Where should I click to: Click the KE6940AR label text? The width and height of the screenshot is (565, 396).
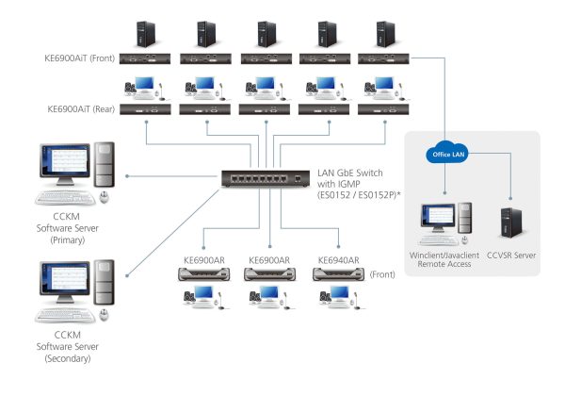click(x=337, y=259)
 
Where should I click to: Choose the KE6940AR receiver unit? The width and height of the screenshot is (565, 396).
click(x=336, y=274)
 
